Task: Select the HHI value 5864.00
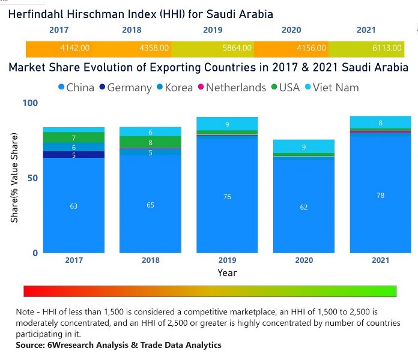[x=231, y=48]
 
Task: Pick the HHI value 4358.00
[x=154, y=48]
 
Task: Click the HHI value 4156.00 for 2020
[x=311, y=48]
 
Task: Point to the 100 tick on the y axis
[x=30, y=103]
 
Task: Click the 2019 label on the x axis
[x=227, y=260]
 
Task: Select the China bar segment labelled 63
[x=74, y=205]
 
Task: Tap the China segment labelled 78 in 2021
[x=381, y=194]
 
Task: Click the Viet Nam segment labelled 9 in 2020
[x=304, y=146]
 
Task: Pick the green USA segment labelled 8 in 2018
[x=150, y=142]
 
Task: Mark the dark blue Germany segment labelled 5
[x=74, y=155]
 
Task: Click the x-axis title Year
[x=227, y=273]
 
